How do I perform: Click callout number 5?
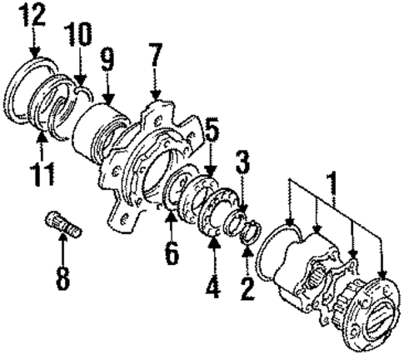[x=212, y=132]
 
